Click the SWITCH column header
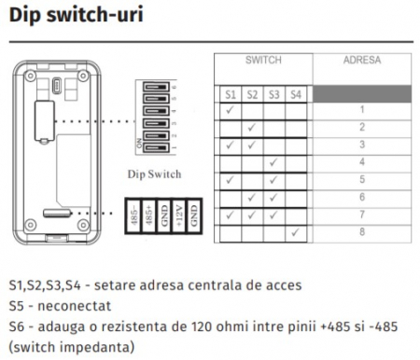coord(263,60)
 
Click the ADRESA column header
coord(362,60)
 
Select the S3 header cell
coord(273,94)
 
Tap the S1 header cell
coord(231,94)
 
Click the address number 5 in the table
coord(362,179)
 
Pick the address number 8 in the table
coord(362,231)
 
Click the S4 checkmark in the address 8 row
coord(295,231)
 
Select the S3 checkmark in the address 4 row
coord(273,162)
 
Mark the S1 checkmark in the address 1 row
coord(230,109)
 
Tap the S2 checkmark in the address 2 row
coord(252,127)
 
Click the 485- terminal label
coord(134,215)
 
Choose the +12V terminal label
coord(179,215)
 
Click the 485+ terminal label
coord(149,215)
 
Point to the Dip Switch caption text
coord(154,174)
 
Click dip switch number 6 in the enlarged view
coord(156,87)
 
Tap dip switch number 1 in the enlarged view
coord(156,148)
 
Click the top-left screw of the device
coord(30,76)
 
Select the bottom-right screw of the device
coord(83,225)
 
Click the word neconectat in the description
coord(74,306)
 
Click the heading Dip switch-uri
coord(77,15)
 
